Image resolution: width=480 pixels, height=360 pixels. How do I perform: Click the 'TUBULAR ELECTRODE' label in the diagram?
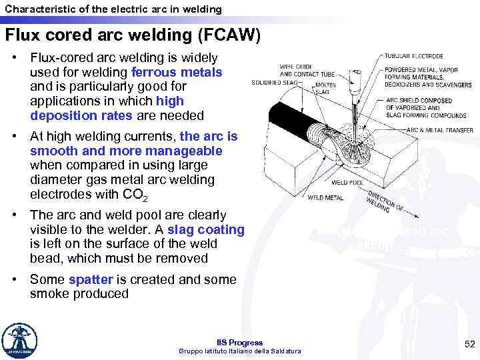click(416, 56)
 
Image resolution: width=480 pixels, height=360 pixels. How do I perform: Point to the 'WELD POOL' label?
click(347, 182)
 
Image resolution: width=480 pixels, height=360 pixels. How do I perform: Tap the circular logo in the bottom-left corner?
click(20, 341)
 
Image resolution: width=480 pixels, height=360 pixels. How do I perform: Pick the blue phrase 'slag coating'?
click(206, 229)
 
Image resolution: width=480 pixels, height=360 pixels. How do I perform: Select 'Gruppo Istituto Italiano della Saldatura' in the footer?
click(240, 351)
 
